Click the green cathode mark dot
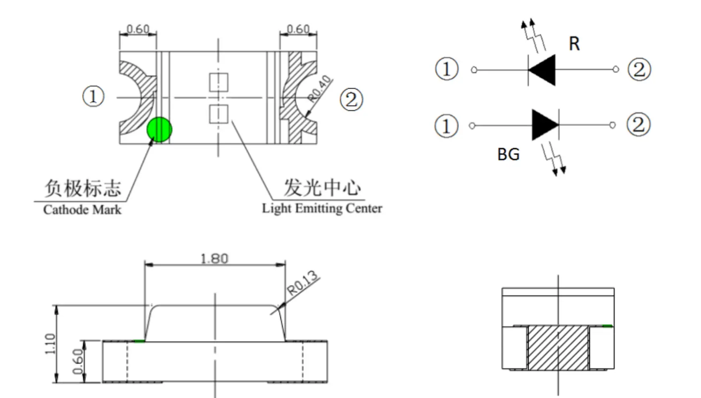[x=159, y=130]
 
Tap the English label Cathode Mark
[x=82, y=209]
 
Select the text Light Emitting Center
[x=322, y=208]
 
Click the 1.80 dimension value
[x=215, y=258]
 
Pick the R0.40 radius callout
[x=320, y=88]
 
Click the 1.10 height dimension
[x=50, y=344]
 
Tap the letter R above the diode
[x=574, y=44]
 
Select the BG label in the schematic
[x=508, y=154]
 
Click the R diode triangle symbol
[x=542, y=70]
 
